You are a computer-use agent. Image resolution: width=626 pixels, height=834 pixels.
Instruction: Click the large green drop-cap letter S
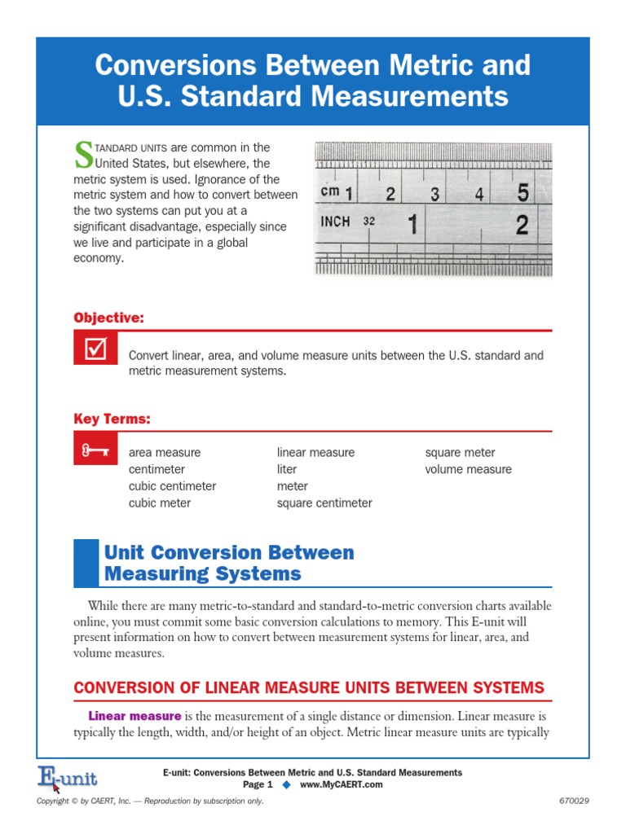click(x=84, y=154)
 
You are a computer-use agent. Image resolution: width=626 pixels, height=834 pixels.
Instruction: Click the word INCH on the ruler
click(x=335, y=222)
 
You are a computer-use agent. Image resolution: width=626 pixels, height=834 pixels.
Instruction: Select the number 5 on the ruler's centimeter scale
click(x=522, y=192)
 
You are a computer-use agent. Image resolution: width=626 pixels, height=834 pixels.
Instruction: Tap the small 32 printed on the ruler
click(x=369, y=222)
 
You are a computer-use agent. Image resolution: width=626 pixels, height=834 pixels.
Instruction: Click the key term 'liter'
click(x=287, y=469)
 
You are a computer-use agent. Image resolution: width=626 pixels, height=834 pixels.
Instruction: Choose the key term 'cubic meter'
click(x=160, y=503)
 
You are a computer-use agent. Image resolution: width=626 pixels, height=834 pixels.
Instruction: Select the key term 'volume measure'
click(x=468, y=469)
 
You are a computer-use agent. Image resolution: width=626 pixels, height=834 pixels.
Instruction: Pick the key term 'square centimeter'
click(x=324, y=503)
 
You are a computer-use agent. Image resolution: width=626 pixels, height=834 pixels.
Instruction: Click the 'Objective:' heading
click(x=108, y=318)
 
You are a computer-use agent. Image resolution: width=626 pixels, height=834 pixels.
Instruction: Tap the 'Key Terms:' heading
click(x=112, y=419)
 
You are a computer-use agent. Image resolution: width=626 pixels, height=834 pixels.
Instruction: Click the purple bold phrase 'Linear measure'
click(x=134, y=716)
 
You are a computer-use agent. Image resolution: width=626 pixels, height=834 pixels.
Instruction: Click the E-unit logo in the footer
click(x=67, y=779)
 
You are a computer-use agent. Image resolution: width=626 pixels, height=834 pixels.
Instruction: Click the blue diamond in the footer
click(x=286, y=784)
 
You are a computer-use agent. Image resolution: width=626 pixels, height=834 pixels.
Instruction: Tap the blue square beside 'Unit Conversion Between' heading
click(x=85, y=563)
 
